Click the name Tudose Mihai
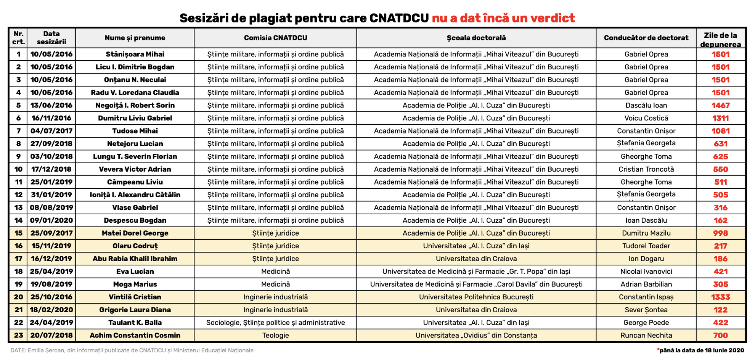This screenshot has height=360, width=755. [x=135, y=131]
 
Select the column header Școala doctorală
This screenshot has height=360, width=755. [x=476, y=38]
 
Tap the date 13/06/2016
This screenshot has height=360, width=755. [x=51, y=105]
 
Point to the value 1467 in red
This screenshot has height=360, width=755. [x=720, y=105]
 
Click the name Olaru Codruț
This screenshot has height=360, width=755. [x=135, y=246]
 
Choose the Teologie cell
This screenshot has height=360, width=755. [x=275, y=335]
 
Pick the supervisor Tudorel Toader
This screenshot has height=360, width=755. [x=646, y=246]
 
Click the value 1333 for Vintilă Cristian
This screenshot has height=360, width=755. [x=720, y=297]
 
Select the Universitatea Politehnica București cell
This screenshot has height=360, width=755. [x=476, y=297]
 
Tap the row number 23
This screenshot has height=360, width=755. [x=18, y=335]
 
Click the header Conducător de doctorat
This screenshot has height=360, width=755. [x=646, y=38]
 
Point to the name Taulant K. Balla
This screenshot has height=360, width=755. [x=135, y=323]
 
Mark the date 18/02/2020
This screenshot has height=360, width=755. [x=51, y=310]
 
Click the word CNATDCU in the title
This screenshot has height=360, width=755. [x=399, y=18]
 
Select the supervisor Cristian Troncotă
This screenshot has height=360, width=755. [x=646, y=169]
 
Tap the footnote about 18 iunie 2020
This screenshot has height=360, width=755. [x=701, y=350]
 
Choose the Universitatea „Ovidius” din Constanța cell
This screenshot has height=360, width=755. [x=476, y=335]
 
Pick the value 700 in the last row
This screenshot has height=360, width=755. [x=720, y=335]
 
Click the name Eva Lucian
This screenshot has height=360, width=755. [x=135, y=272]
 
